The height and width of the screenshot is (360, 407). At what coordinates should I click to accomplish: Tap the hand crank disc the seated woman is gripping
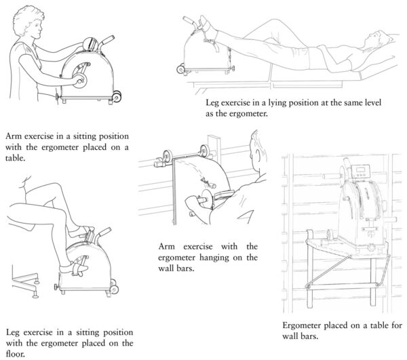click(x=80, y=81)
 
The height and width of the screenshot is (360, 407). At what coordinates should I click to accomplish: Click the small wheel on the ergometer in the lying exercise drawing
click(x=180, y=68)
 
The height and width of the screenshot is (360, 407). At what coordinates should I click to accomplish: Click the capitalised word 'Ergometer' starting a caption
click(x=304, y=324)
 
